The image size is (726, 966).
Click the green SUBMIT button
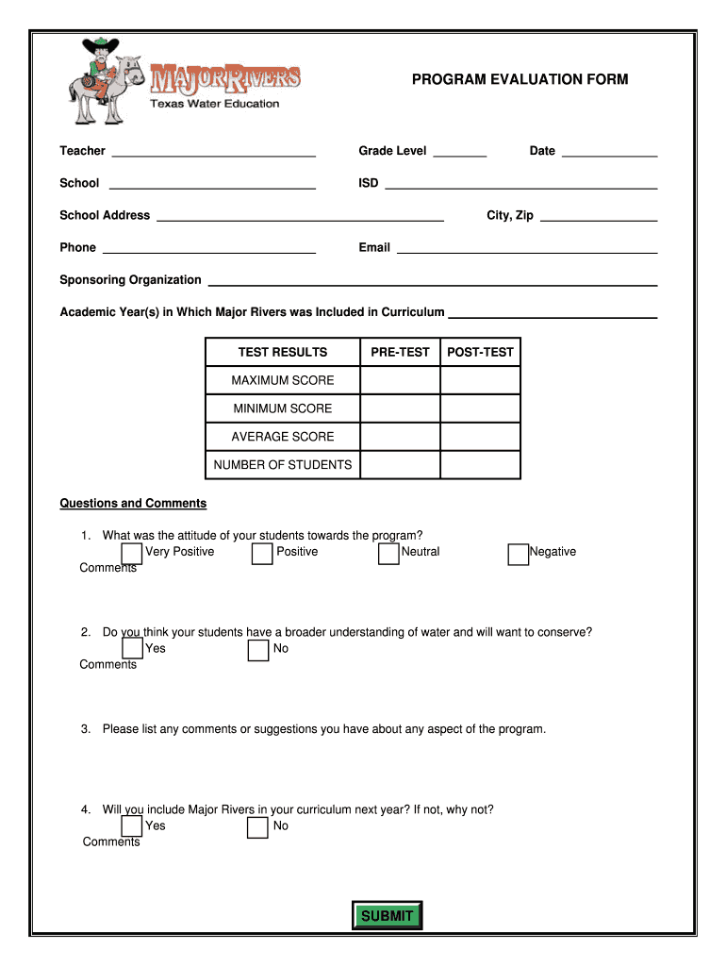[x=387, y=916]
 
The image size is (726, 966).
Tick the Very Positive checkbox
[x=132, y=554]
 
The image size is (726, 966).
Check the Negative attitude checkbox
[x=518, y=554]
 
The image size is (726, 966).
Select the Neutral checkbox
[x=388, y=554]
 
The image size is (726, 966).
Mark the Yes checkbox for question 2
[x=132, y=650]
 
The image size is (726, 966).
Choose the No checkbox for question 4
[x=257, y=827]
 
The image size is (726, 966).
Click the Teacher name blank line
[x=213, y=152]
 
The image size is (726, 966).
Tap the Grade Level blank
[x=460, y=152]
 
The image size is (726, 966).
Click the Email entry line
[x=526, y=249]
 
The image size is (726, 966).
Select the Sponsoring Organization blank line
[x=432, y=281]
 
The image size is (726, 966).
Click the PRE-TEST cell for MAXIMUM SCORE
[x=400, y=380]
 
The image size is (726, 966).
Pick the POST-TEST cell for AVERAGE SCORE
[x=480, y=437]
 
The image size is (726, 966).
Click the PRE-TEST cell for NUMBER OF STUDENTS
[x=400, y=465]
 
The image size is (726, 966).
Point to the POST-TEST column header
[x=480, y=352]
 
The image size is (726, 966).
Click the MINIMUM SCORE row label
[x=283, y=408]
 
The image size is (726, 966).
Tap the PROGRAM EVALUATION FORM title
[x=520, y=80]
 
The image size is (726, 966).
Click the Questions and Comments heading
[x=133, y=504]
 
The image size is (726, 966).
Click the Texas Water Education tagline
[x=215, y=104]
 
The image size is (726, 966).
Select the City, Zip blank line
[x=599, y=217]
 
